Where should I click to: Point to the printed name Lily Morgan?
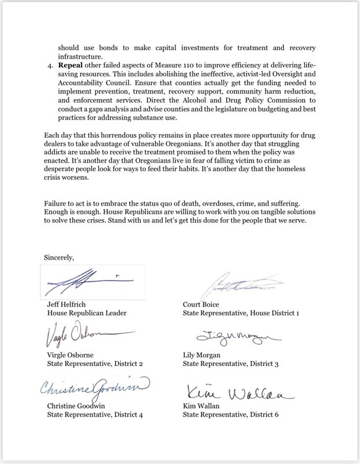point(202,356)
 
